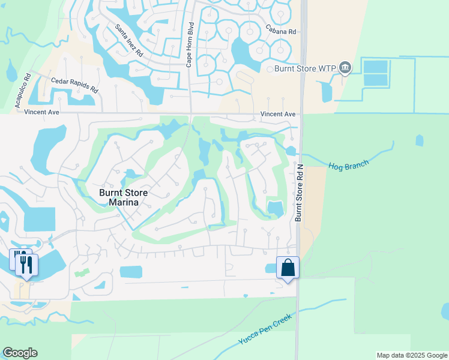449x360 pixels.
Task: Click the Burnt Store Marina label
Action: point(124,197)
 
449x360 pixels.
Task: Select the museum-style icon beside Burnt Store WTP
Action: point(345,68)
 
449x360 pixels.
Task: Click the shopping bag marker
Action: point(288,267)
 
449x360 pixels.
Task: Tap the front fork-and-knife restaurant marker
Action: point(26,265)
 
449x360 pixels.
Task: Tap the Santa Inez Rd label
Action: point(129,41)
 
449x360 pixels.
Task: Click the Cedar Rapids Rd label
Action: point(74,84)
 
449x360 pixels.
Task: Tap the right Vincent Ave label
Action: point(278,114)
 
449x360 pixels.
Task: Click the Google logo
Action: point(20,353)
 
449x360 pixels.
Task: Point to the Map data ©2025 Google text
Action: point(411,355)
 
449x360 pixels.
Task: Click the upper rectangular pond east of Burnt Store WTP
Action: point(376,67)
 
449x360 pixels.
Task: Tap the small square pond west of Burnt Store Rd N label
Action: point(275,208)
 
